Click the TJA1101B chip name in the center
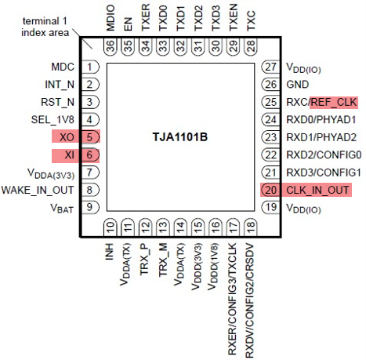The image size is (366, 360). [180, 136]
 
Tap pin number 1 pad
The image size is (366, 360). [90, 67]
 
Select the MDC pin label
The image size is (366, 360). [63, 67]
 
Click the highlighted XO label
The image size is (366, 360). [67, 137]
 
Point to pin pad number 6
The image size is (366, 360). [90, 155]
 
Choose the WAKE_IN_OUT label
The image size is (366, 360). [38, 190]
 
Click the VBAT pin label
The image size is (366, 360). [62, 208]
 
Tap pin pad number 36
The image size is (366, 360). [111, 46]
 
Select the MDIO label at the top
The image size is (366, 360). [111, 18]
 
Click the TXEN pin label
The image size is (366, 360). [233, 17]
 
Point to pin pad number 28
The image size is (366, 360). [251, 46]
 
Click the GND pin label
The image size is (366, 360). [298, 85]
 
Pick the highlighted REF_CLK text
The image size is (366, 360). [334, 102]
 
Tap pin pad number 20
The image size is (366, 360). [270, 190]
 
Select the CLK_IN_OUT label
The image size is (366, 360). [317, 190]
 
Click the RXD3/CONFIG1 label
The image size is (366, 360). [324, 173]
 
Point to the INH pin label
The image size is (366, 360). [110, 252]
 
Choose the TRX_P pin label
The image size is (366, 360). [144, 260]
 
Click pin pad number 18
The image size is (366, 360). [251, 227]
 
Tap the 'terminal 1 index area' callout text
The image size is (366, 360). [45, 27]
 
